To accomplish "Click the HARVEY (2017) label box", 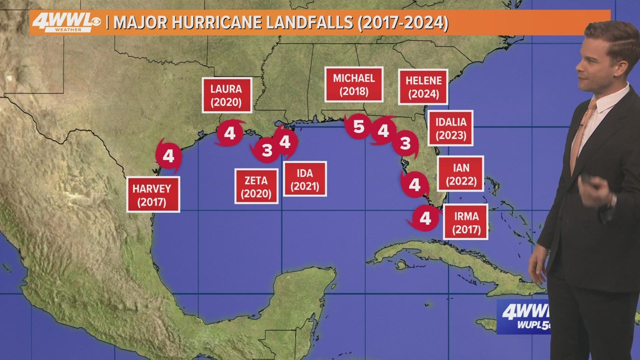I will tap(153, 194).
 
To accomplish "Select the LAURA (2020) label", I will tap(226, 95).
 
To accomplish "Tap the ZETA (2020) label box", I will tap(256, 187).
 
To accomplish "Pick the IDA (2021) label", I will tap(305, 179).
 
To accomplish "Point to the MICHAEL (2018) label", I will tap(354, 85).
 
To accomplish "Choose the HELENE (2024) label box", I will tap(423, 87).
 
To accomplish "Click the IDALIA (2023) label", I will tap(450, 127).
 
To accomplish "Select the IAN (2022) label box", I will tap(460, 173).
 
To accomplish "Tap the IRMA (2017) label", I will tap(465, 221).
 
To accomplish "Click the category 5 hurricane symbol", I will tap(358, 127).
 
